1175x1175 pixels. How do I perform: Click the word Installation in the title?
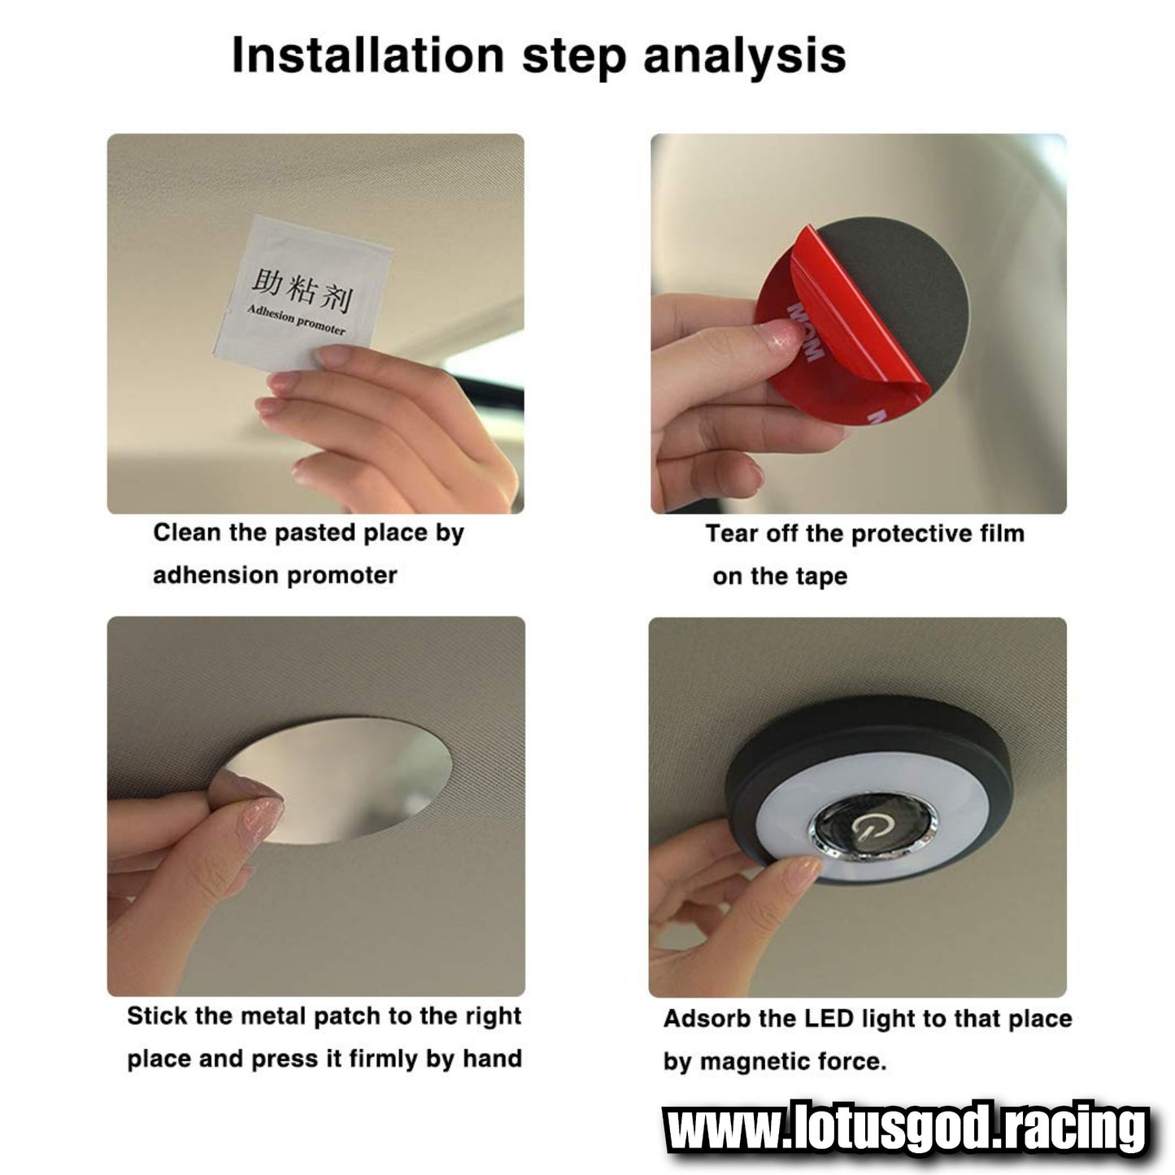coord(368,55)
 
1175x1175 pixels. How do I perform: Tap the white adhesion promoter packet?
coord(302,293)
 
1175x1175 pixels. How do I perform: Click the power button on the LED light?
coord(865,829)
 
